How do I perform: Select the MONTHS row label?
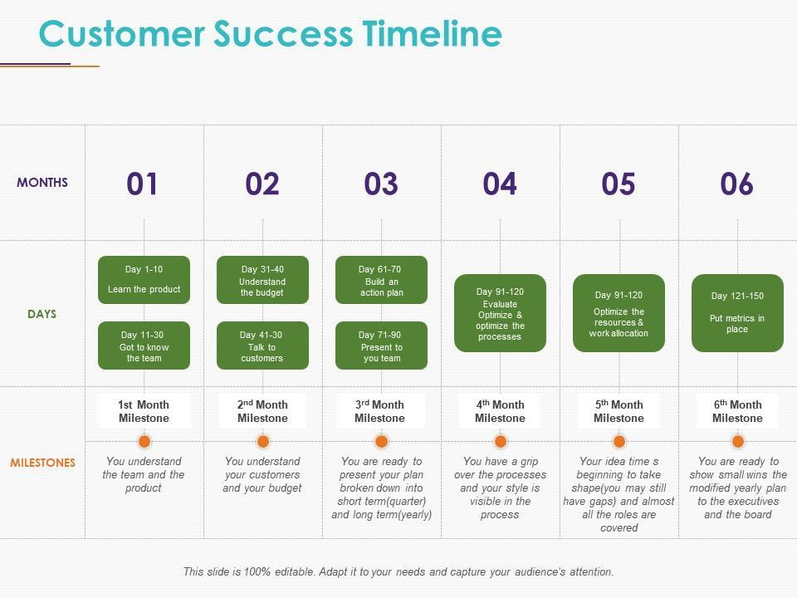click(x=42, y=183)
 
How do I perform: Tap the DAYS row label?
click(x=42, y=314)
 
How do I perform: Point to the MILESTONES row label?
click(x=42, y=463)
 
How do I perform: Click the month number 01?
click(x=142, y=184)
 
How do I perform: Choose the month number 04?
click(x=500, y=184)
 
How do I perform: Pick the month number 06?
click(x=737, y=184)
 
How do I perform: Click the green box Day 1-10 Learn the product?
click(x=144, y=280)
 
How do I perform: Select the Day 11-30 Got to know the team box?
click(x=144, y=346)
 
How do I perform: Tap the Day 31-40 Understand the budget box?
click(x=262, y=280)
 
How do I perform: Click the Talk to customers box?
click(x=262, y=346)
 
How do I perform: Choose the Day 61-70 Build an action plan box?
click(x=381, y=280)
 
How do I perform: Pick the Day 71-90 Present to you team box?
click(x=381, y=346)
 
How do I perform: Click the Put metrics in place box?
click(x=737, y=313)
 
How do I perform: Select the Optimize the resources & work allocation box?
click(x=619, y=313)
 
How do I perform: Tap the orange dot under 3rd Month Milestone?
click(x=381, y=441)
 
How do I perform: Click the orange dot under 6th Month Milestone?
click(x=737, y=441)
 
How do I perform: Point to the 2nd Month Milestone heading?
click(x=262, y=411)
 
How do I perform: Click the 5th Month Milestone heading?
click(x=619, y=411)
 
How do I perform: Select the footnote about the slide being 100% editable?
click(x=398, y=571)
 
